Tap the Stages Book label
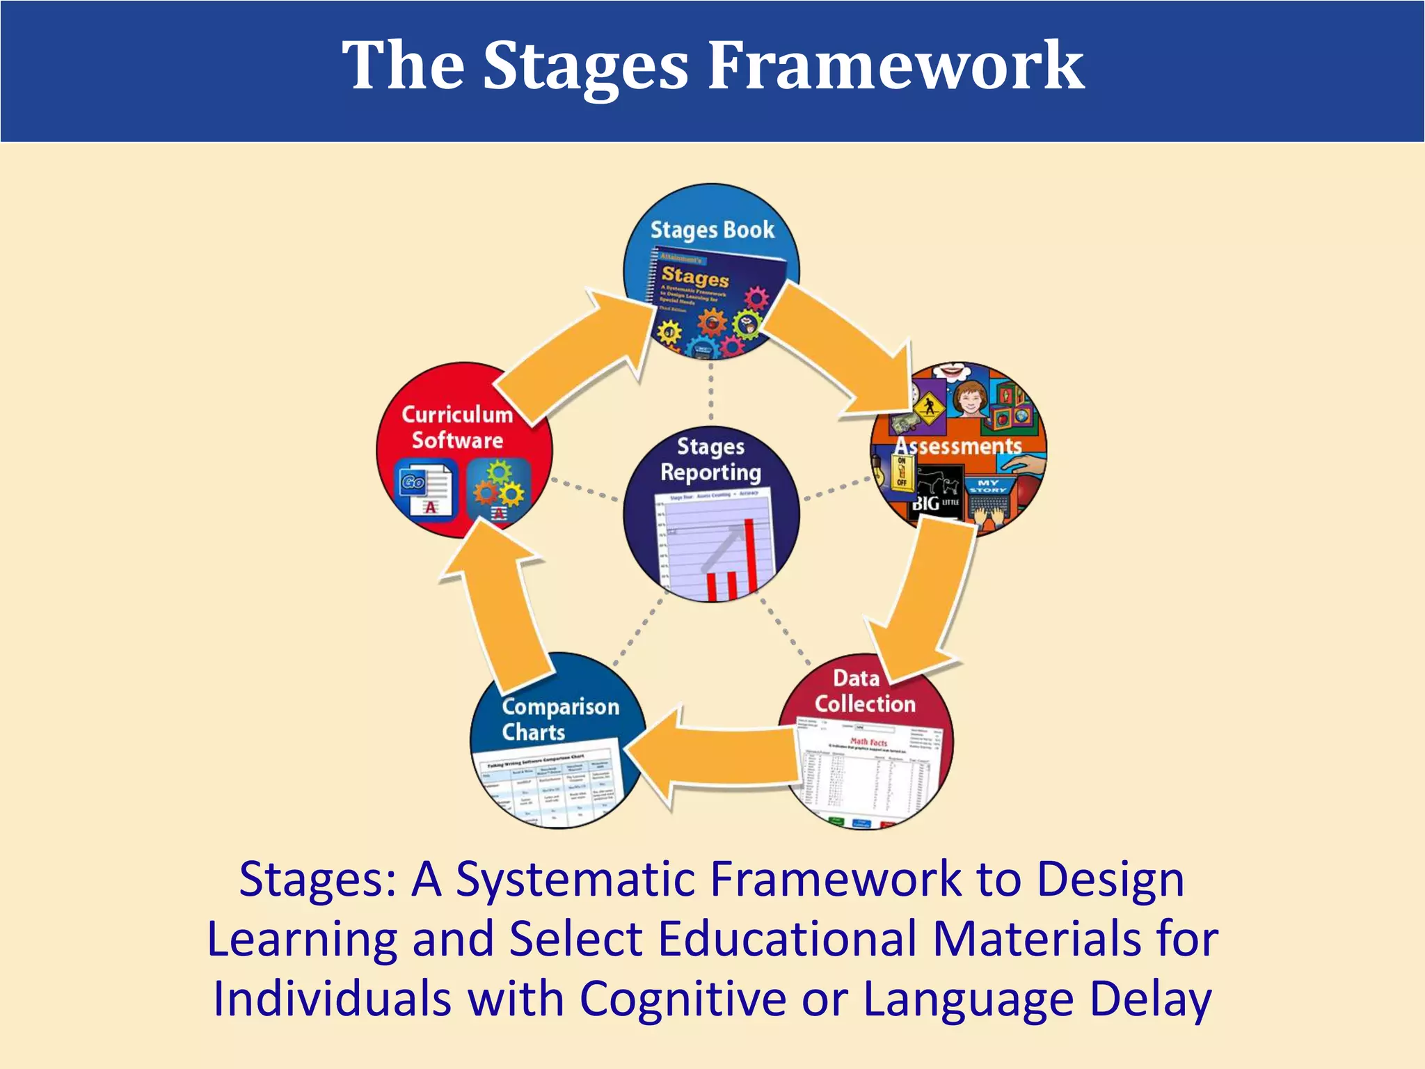click(x=712, y=230)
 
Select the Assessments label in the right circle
click(x=958, y=446)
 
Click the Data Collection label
click(x=865, y=691)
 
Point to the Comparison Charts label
click(x=560, y=719)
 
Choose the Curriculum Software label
click(x=457, y=427)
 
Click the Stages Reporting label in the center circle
click(x=710, y=459)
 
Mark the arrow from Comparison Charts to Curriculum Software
click(x=501, y=605)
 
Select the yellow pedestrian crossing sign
click(x=928, y=406)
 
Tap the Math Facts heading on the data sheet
click(x=868, y=742)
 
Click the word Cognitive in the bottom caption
click(x=683, y=999)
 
